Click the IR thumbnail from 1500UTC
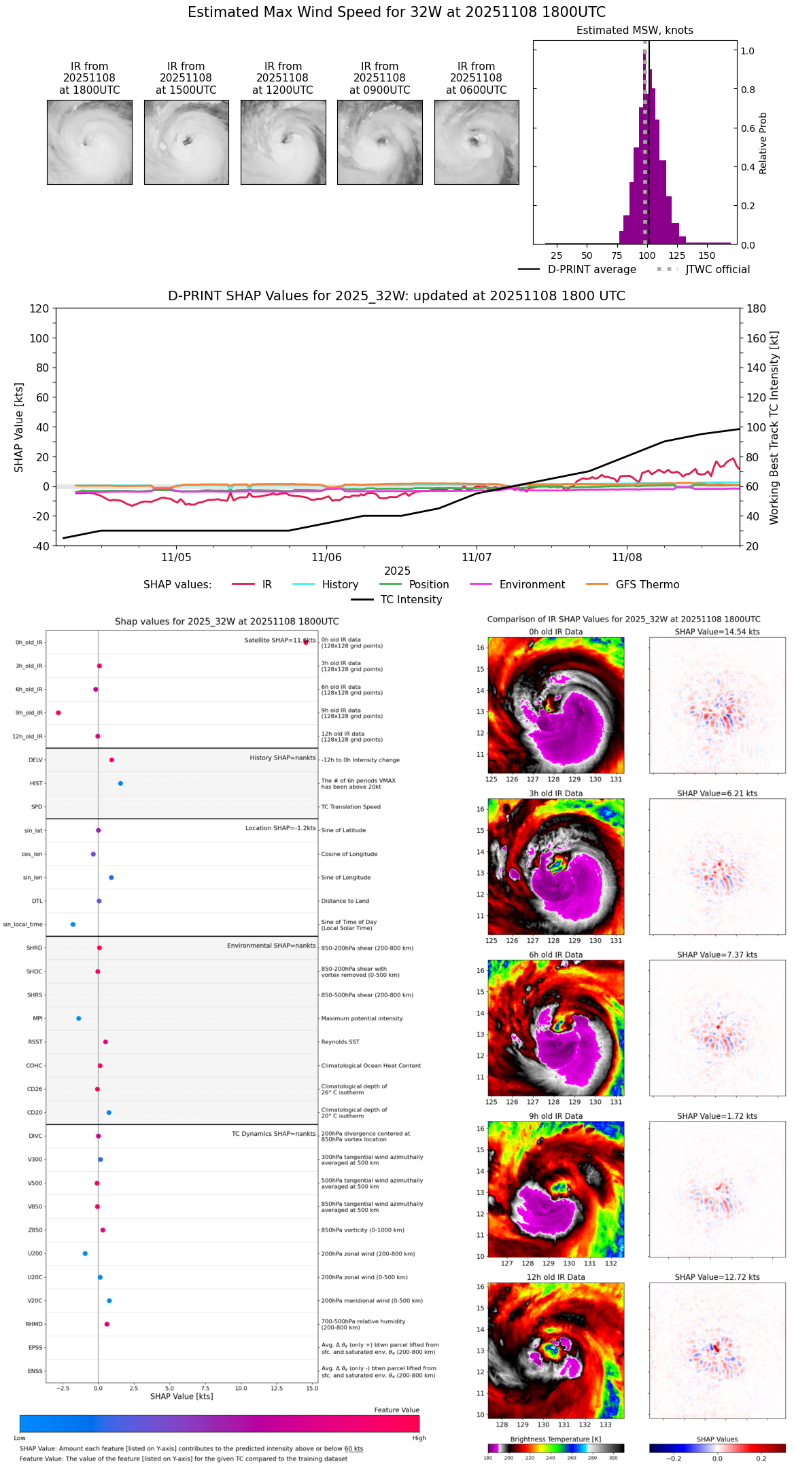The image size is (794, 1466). coord(186,142)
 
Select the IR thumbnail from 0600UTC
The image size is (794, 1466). coord(477,142)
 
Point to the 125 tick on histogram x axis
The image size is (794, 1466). coord(676,255)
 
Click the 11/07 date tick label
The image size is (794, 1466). coord(477,557)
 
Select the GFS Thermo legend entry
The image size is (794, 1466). coord(647,585)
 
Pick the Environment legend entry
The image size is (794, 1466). coord(532,585)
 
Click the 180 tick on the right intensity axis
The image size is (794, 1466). coord(756,309)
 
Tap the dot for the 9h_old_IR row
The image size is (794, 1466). coord(58,713)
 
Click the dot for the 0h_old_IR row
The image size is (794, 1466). coord(306,642)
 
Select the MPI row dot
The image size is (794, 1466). coord(79,1018)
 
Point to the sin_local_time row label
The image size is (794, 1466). coord(23,925)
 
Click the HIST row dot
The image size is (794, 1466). coord(120,783)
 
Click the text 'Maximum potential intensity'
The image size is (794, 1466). coord(362,1018)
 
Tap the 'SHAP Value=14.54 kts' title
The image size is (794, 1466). coord(717,632)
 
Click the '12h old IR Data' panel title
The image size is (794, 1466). coord(555,1277)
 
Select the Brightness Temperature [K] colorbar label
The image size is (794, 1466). coord(555,1439)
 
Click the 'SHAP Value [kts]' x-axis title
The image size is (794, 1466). coord(182,1396)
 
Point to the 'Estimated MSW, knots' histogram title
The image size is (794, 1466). coord(635,31)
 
